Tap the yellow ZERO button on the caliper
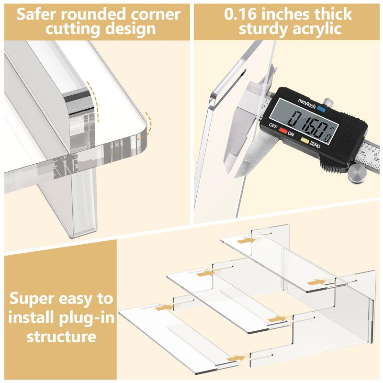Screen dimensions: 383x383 [305, 141]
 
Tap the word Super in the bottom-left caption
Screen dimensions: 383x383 [35, 299]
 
